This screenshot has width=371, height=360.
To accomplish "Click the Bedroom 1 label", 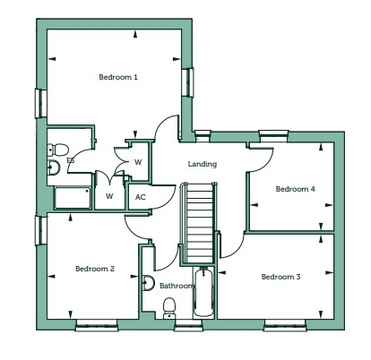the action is click(118, 77).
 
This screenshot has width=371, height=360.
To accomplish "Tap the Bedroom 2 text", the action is click(95, 269).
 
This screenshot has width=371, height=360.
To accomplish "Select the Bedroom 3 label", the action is click(280, 277).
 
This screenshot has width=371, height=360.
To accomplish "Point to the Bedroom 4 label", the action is click(295, 189).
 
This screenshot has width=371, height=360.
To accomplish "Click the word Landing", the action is click(203, 164).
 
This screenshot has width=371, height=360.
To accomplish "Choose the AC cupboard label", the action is click(141, 197).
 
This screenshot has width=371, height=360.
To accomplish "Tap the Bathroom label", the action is click(177, 286).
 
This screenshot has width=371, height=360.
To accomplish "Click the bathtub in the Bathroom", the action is click(203, 293).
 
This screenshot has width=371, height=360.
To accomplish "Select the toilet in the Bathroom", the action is click(169, 307).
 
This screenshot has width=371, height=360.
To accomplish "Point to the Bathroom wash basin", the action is click(149, 283).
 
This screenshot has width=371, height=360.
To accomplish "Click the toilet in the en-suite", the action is click(58, 150).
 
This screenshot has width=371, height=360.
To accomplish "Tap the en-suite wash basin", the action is click(54, 167).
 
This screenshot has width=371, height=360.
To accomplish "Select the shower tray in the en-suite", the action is click(73, 198).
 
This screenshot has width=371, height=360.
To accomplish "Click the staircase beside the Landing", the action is click(197, 223).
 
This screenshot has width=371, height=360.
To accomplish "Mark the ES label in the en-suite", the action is click(71, 160).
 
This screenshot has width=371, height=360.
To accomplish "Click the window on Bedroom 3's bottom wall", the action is click(285, 325).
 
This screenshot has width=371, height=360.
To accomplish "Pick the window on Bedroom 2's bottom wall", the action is click(97, 325).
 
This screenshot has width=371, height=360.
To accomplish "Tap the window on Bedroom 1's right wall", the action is click(188, 82).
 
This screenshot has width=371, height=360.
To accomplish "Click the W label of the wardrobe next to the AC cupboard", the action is click(109, 196).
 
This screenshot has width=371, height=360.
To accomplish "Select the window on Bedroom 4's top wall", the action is click(273, 136).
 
